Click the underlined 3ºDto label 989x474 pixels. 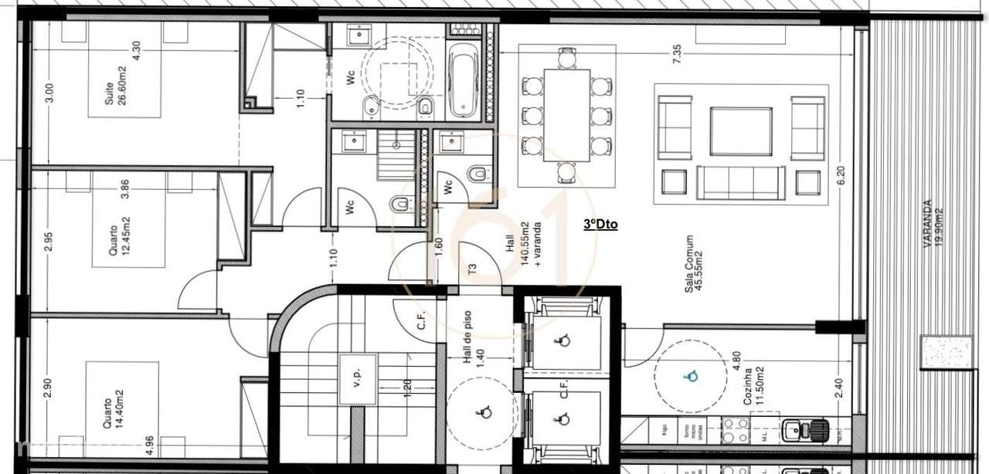coord(600,225)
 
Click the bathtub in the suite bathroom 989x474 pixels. coord(463,81)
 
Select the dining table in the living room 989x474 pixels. coord(566,115)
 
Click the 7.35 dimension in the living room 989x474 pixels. coord(677,53)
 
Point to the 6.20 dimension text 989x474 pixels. coord(841,177)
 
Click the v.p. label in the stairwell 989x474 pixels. coord(356,379)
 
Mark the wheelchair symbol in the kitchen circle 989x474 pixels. coord(690,376)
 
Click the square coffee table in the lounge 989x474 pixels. coord(741,131)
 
